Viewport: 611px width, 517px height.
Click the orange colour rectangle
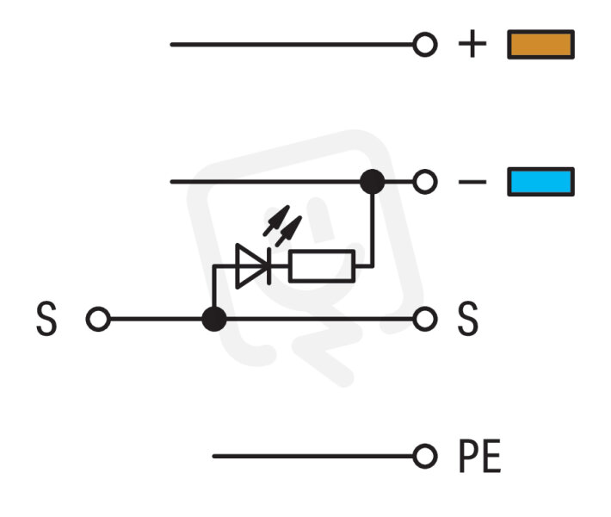point(540,45)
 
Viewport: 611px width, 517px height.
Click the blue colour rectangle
point(540,182)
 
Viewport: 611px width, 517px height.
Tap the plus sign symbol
point(472,44)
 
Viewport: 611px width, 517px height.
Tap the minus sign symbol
point(472,182)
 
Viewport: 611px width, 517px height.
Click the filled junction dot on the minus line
point(372,182)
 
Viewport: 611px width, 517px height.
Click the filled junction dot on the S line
point(214,319)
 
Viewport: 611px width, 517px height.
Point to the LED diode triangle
point(252,266)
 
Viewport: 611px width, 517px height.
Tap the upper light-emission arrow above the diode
point(276,221)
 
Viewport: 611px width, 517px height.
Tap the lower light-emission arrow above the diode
point(289,232)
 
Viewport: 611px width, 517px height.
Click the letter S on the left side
point(46,319)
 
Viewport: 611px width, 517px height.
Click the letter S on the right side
point(467,319)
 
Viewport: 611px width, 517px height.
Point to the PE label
point(480,456)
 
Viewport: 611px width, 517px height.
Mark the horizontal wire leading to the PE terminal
point(313,456)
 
